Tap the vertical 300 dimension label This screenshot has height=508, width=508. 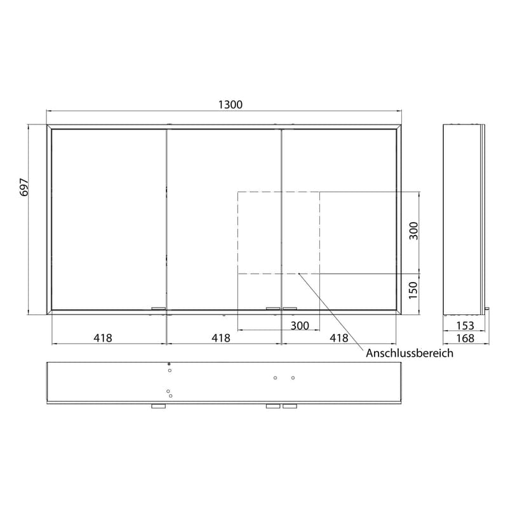coord(414,232)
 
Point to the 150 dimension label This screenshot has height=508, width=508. coord(414,291)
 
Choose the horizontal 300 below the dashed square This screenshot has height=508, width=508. coord(299,326)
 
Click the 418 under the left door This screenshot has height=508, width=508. coord(103,338)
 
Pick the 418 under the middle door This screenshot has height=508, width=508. coord(220,338)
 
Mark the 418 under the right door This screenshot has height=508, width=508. coord(338,338)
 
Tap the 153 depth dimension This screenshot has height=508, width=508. coord(464,326)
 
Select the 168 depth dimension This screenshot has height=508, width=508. coord(464,338)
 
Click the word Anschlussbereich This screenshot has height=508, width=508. coord(410,354)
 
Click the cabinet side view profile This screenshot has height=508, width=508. coord(463,219)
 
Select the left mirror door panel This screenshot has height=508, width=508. coord(109,219)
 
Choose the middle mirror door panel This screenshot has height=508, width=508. coord(224,219)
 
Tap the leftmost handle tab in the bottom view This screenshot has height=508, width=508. coord(158,406)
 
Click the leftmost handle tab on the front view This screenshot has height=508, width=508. coord(158,309)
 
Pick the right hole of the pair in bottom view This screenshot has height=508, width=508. coord(293,378)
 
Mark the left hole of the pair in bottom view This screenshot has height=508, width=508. coord(275,378)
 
